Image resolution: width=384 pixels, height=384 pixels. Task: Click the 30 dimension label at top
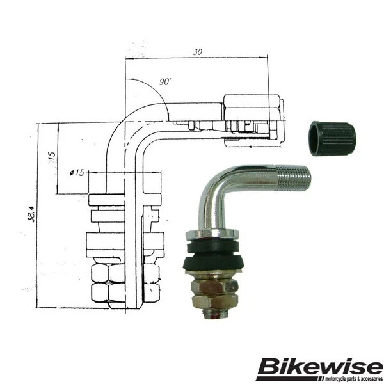pos(197,52)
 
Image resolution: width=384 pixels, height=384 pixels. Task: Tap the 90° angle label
pos(165,82)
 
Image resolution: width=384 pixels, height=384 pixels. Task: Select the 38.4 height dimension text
pos(31,214)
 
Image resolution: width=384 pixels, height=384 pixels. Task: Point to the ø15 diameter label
pos(77,173)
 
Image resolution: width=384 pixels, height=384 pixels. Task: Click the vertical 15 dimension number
pos(52,157)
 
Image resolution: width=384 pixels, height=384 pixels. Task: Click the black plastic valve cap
pos(332,139)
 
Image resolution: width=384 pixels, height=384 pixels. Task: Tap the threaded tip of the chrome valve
pos(294,177)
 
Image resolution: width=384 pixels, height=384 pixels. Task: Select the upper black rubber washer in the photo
pos(212,247)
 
